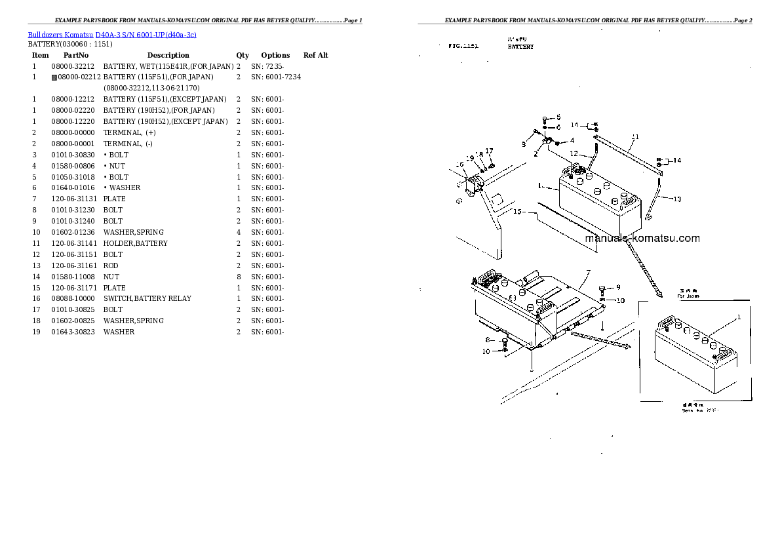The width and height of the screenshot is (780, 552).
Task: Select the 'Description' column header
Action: (168, 56)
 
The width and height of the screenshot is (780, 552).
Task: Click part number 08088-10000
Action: (73, 298)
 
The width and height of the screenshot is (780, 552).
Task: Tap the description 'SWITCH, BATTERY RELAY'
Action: (147, 298)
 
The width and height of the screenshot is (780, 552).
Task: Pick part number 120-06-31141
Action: (73, 243)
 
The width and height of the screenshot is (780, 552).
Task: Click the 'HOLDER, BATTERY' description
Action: (135, 243)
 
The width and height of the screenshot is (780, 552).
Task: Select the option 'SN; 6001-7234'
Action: (276, 77)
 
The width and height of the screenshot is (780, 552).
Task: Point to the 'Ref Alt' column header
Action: (315, 56)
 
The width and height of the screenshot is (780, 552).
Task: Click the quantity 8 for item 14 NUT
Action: (238, 277)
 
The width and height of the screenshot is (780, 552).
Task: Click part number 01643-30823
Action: (73, 332)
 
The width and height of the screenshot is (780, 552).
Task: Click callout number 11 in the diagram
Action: (634, 138)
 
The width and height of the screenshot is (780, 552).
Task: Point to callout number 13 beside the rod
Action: (677, 199)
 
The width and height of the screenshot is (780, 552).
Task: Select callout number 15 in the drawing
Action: (517, 211)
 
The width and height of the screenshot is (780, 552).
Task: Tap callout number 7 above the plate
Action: (588, 273)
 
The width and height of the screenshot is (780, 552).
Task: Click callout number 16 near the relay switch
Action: (459, 165)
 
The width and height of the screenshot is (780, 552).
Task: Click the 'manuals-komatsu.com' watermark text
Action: (642, 239)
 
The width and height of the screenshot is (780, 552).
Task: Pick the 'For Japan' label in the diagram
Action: (688, 296)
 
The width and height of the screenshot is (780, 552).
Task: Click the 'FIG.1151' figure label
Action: (463, 47)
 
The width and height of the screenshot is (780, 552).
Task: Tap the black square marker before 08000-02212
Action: (54, 77)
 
